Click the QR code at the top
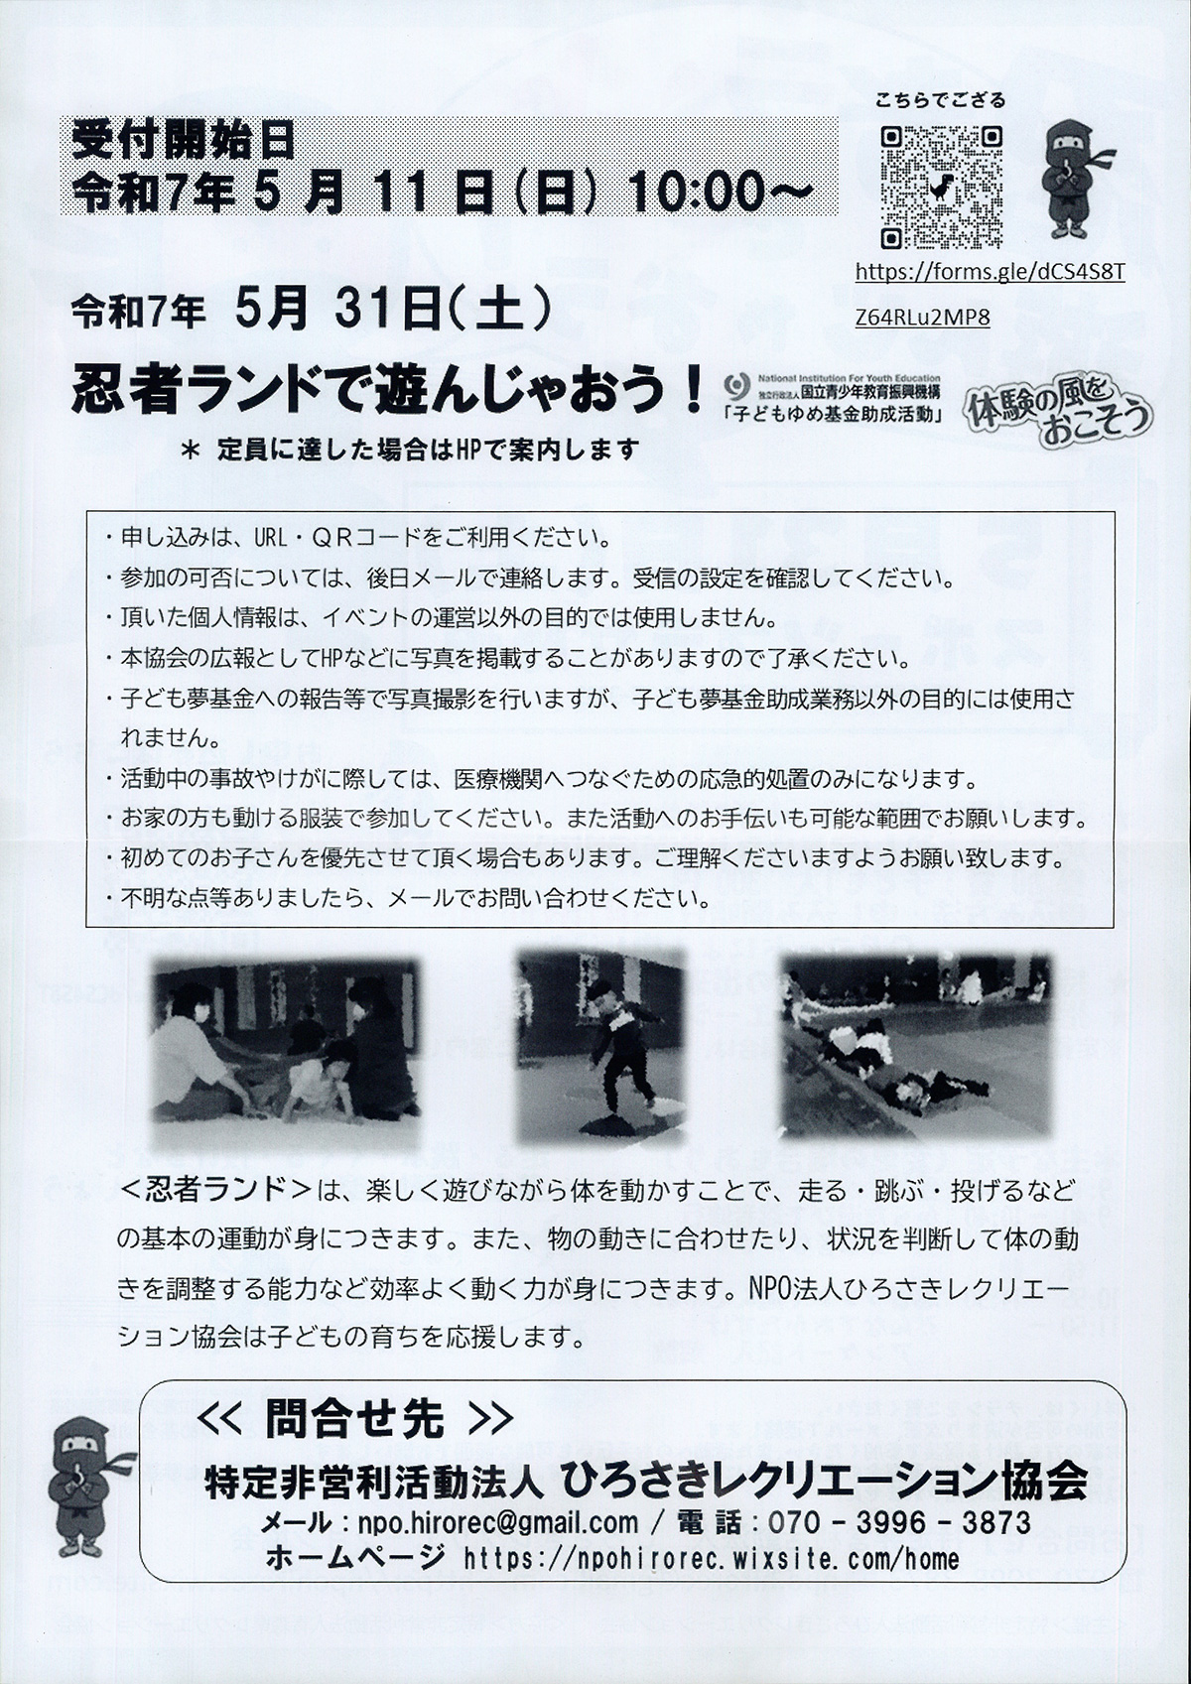(x=941, y=186)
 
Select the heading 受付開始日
(x=184, y=143)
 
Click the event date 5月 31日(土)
(x=391, y=313)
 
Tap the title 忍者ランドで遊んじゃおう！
(x=387, y=390)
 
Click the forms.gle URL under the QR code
(x=989, y=272)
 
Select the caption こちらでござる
(x=940, y=100)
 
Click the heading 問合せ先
(x=355, y=1420)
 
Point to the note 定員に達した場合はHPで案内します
(x=427, y=450)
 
